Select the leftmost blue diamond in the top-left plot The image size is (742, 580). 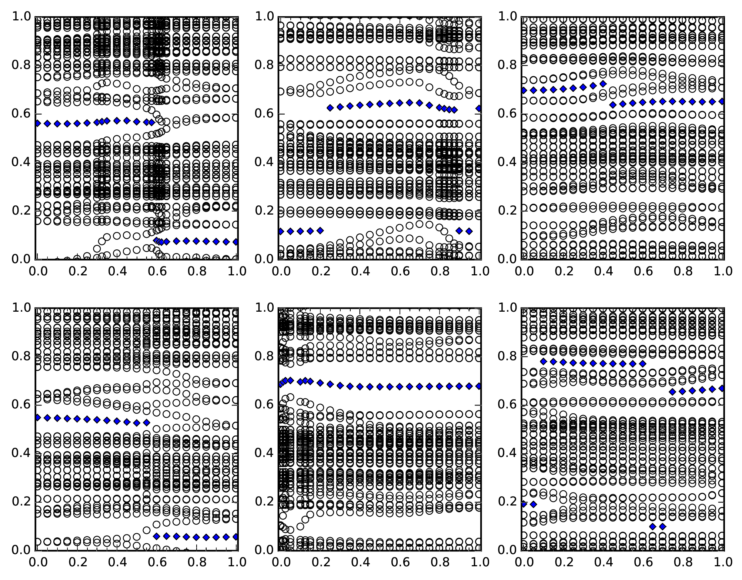tap(37, 123)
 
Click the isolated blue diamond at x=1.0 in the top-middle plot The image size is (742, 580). tap(479, 109)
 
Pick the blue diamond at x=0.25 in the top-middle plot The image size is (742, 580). tap(330, 108)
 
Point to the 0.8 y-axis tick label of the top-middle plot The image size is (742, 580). tap(263, 65)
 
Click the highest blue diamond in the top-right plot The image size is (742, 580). tap(603, 84)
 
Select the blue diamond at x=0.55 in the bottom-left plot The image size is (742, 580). tap(147, 422)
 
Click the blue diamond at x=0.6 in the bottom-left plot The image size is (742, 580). tap(157, 536)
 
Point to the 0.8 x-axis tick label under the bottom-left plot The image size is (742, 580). tap(197, 562)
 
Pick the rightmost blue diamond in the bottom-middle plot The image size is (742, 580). tap(479, 386)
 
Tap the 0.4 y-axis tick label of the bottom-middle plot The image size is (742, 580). tap(263, 453)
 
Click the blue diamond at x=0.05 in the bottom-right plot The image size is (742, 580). tap(533, 504)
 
